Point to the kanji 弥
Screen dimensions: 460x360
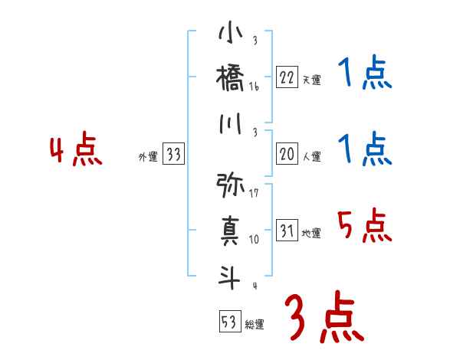[x=231, y=185]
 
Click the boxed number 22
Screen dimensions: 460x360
[x=287, y=77]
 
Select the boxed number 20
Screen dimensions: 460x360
[x=287, y=154]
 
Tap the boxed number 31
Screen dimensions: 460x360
[x=287, y=231]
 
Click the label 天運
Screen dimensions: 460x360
[x=311, y=80]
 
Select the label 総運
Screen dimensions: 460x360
[x=254, y=324]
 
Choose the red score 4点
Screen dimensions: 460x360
[x=75, y=151]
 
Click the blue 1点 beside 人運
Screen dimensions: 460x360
[x=364, y=149]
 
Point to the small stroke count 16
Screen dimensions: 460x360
[x=254, y=87]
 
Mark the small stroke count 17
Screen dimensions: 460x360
[x=254, y=193]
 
